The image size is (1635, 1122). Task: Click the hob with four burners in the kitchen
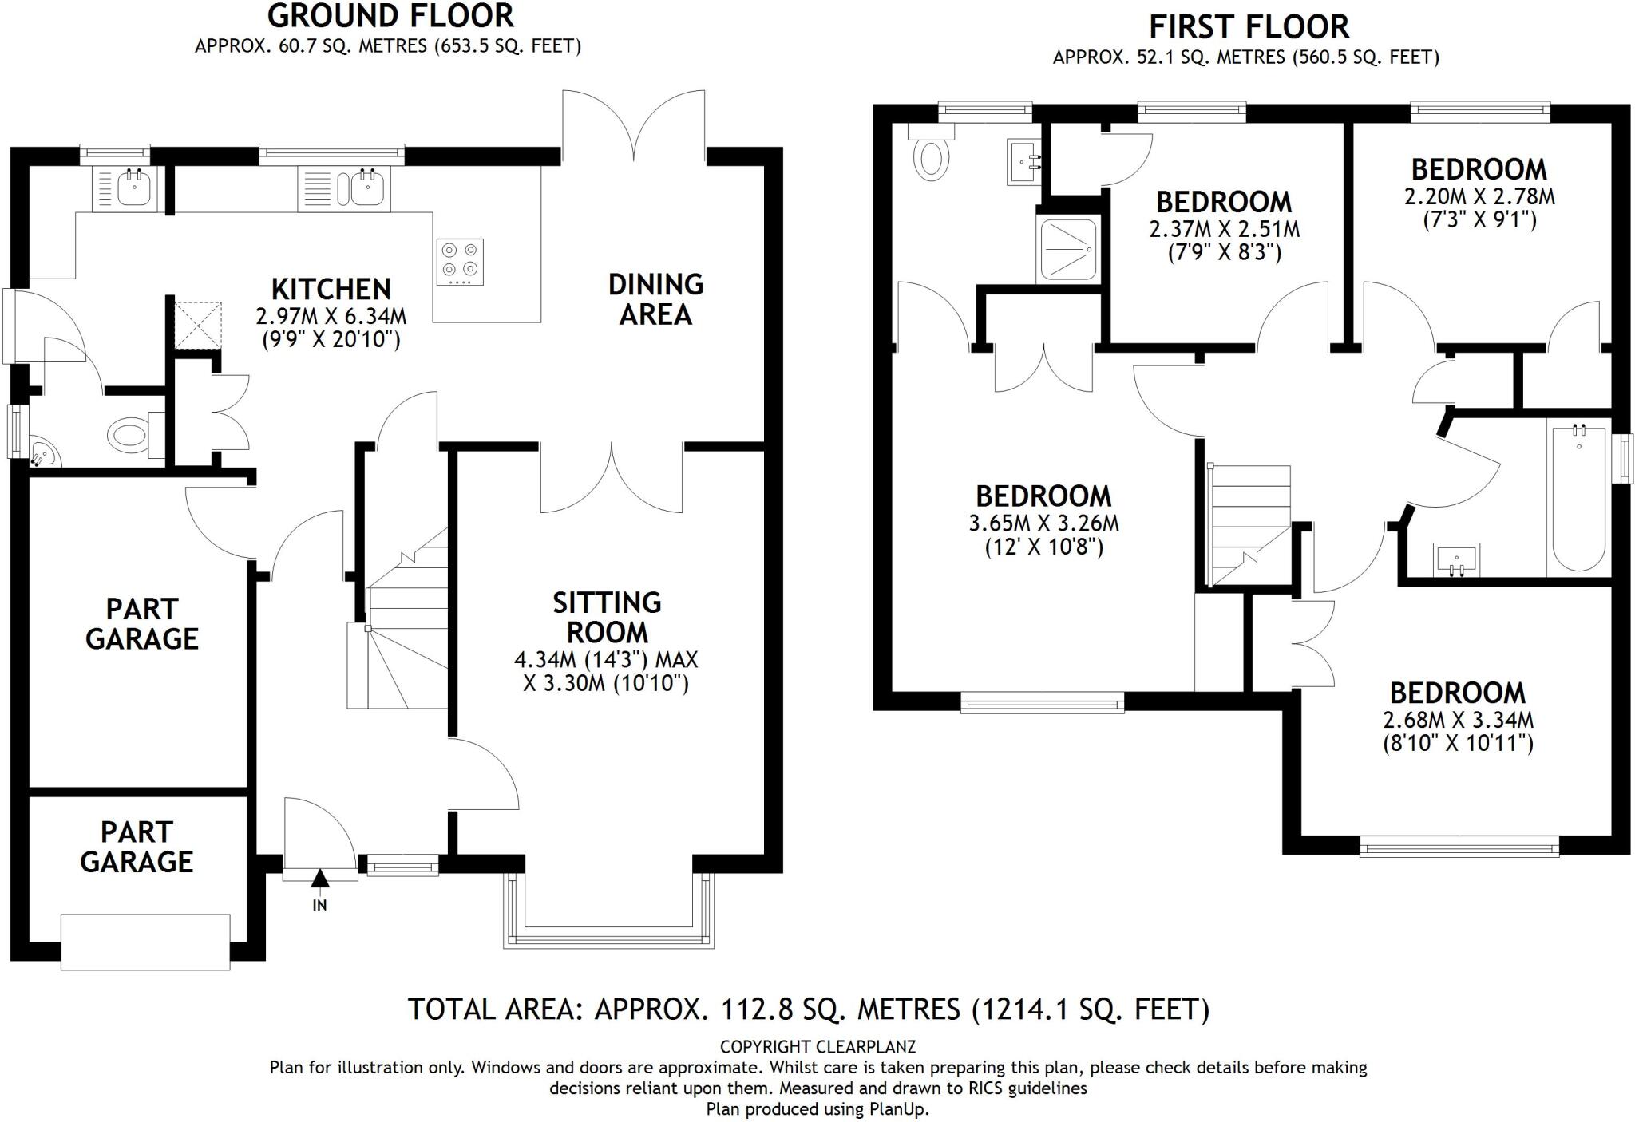click(461, 262)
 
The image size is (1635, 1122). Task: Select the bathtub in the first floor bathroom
click(1578, 497)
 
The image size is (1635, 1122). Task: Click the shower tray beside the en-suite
click(1067, 249)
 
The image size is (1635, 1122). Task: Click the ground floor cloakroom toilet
click(128, 435)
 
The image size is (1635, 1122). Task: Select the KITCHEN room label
click(331, 289)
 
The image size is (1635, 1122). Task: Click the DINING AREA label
click(655, 299)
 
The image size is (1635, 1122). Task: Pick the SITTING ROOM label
click(607, 617)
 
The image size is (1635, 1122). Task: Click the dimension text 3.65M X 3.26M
click(1043, 523)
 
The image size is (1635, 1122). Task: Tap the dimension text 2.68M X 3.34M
click(1458, 719)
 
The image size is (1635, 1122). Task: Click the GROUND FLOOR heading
click(390, 16)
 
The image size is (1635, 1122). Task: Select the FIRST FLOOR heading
click(1249, 27)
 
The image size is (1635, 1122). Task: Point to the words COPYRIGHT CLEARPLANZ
click(817, 1046)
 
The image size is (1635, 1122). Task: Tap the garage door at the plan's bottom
click(145, 942)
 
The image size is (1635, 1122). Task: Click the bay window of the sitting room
click(608, 934)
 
